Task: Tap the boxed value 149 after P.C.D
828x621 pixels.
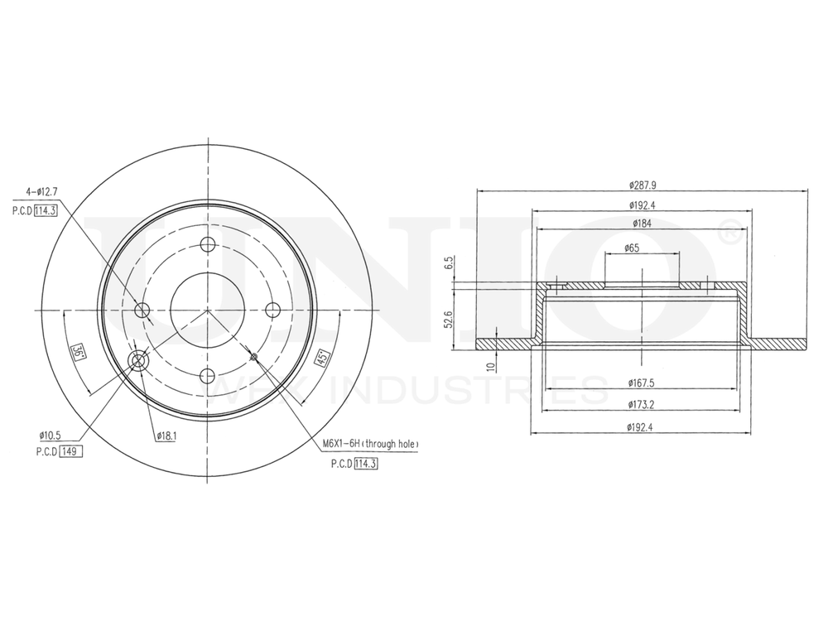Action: point(70,452)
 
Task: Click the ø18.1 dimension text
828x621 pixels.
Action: point(165,435)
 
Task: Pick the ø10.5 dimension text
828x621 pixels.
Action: point(51,436)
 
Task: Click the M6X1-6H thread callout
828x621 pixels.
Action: point(342,445)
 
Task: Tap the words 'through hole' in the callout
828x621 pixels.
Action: point(390,445)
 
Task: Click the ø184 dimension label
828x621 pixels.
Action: point(643,223)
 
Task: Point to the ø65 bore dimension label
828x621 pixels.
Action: point(632,248)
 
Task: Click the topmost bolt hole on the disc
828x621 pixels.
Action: point(207,244)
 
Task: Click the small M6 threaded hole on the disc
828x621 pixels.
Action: point(254,357)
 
